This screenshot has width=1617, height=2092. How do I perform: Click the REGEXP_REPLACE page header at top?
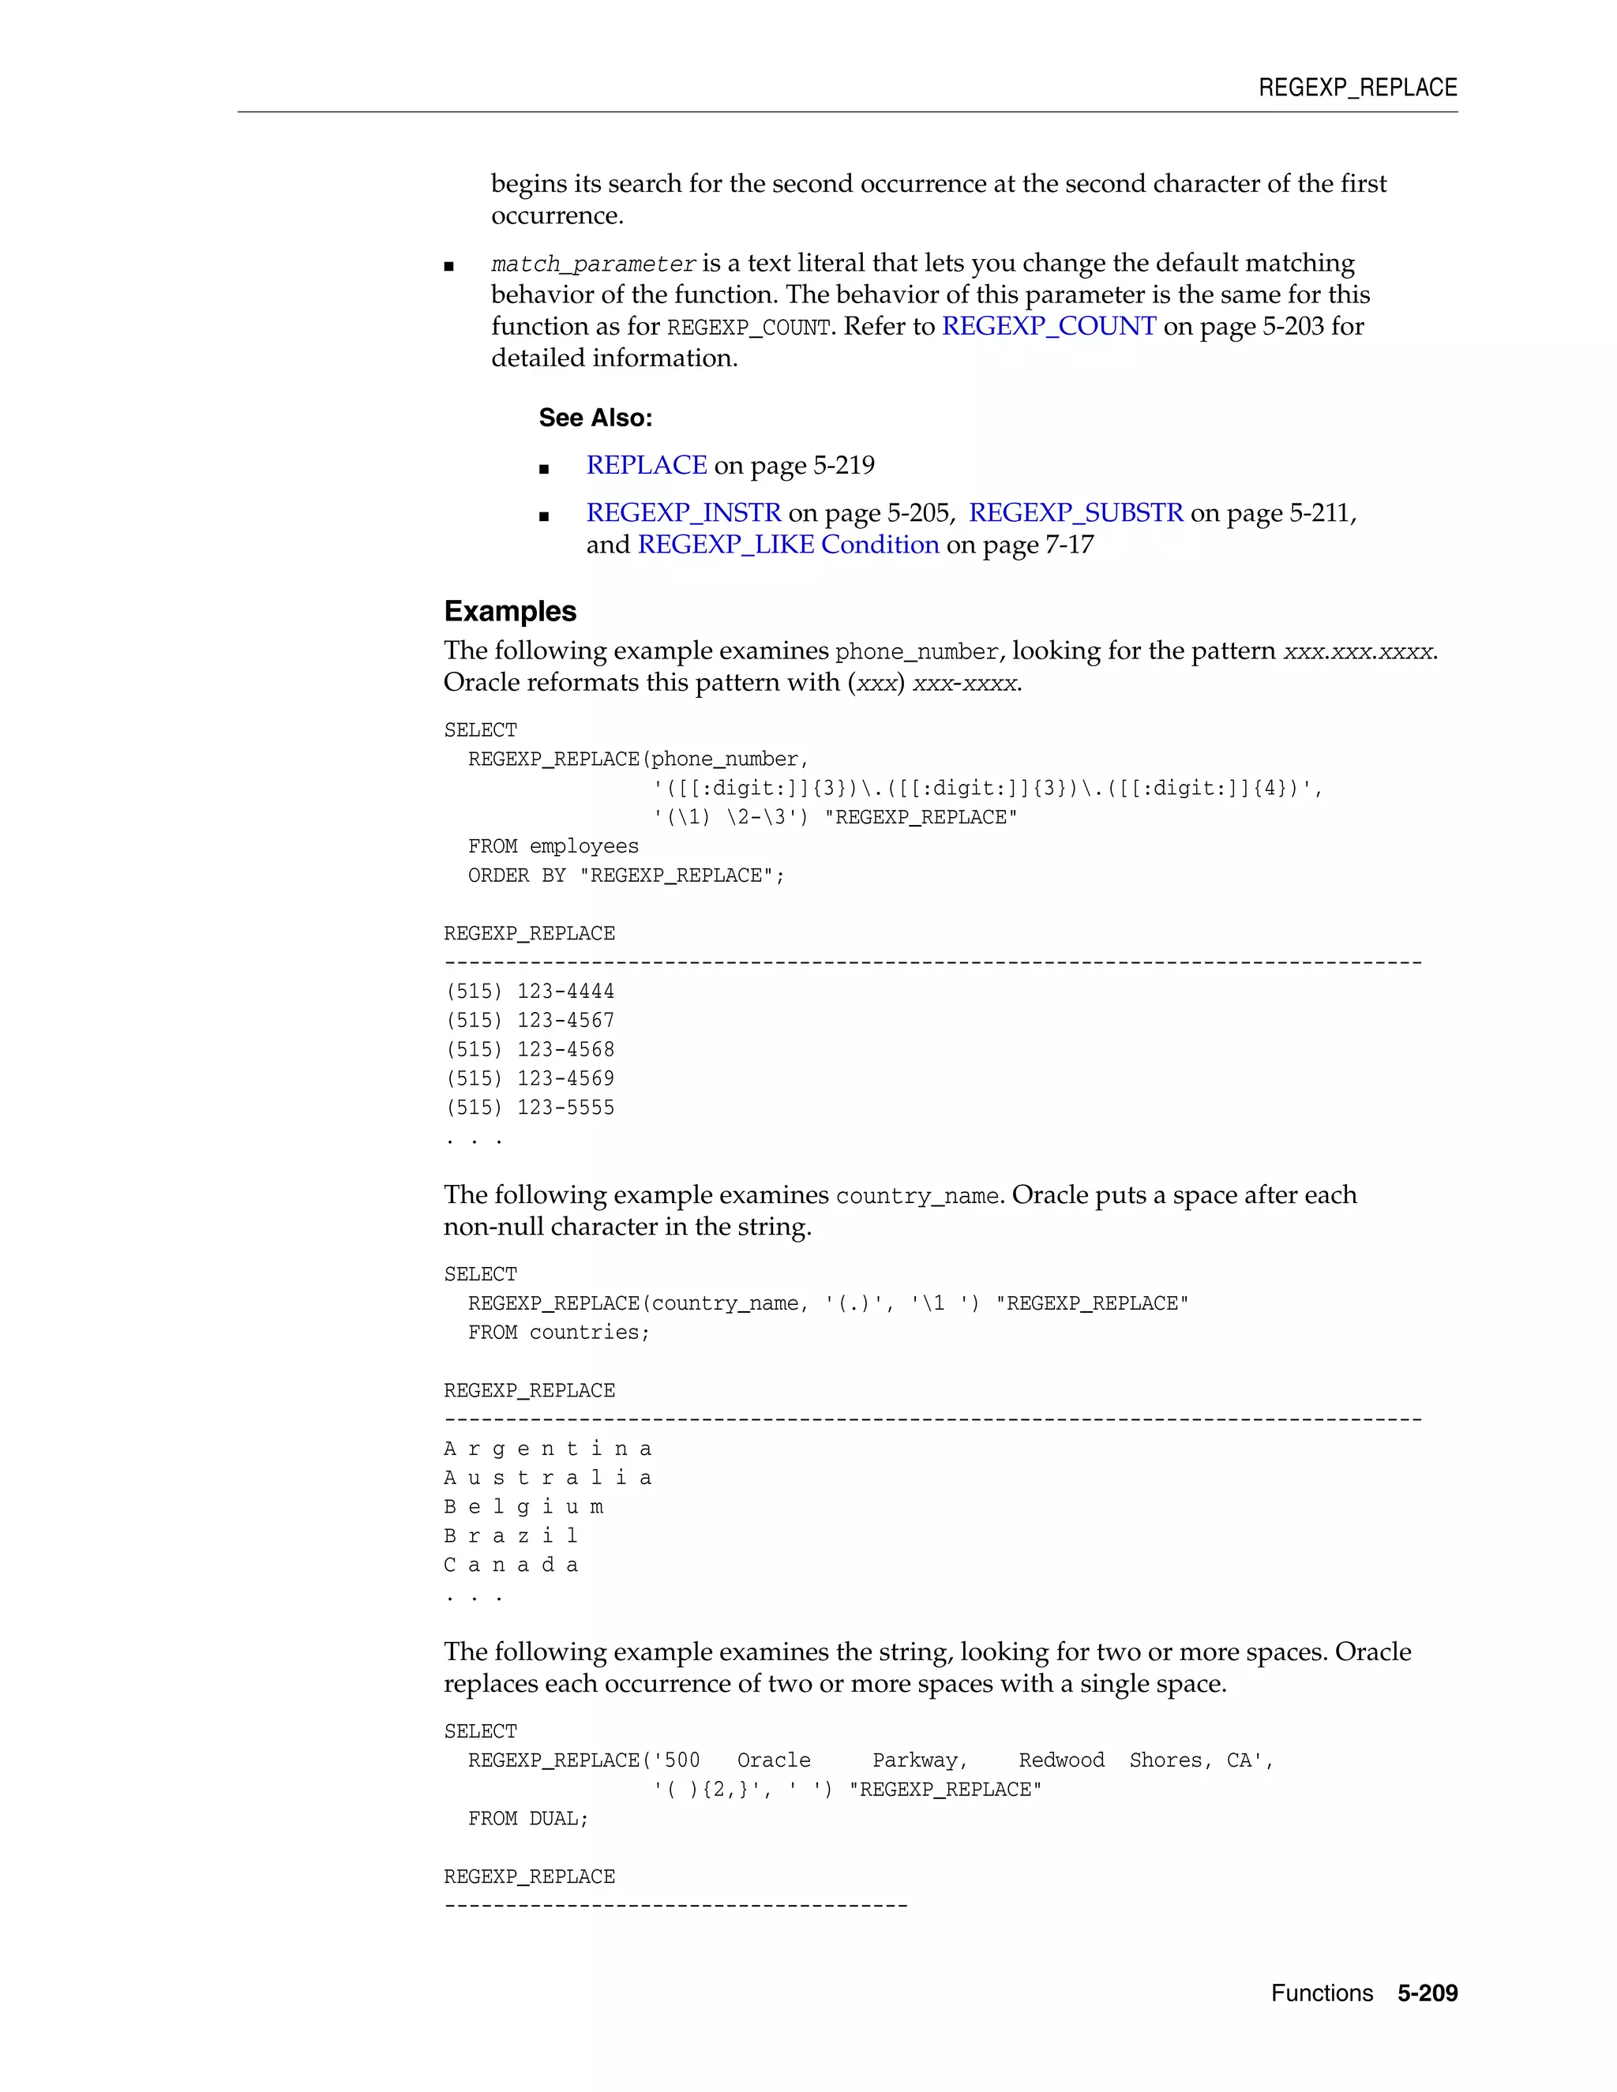[1356, 88]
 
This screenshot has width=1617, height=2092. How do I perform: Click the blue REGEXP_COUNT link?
[1049, 327]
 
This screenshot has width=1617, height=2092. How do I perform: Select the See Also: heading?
[595, 418]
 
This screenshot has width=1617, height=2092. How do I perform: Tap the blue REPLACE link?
[647, 466]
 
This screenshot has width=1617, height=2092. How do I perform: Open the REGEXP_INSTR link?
[683, 513]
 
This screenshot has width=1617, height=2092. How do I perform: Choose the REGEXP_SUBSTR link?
[1076, 513]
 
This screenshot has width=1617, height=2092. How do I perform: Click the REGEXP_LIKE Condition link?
[787, 545]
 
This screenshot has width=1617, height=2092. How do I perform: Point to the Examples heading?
[509, 611]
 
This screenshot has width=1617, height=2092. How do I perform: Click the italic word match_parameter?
[593, 264]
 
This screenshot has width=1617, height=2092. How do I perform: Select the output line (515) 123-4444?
[530, 992]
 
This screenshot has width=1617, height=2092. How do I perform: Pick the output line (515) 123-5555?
[530, 1108]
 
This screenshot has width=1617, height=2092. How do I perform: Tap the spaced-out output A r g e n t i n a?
[548, 1449]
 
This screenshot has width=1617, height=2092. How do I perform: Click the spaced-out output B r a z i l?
[511, 1536]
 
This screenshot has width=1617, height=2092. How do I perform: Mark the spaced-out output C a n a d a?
[511, 1565]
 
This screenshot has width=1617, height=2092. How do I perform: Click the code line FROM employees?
[553, 847]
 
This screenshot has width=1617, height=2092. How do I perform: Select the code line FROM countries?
[558, 1333]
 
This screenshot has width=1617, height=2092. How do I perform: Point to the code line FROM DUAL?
[528, 1819]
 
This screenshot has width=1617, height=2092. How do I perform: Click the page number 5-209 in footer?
[1427, 1993]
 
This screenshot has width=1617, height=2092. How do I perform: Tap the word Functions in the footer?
[1321, 1993]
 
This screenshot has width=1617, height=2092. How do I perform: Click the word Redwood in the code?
[1061, 1760]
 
